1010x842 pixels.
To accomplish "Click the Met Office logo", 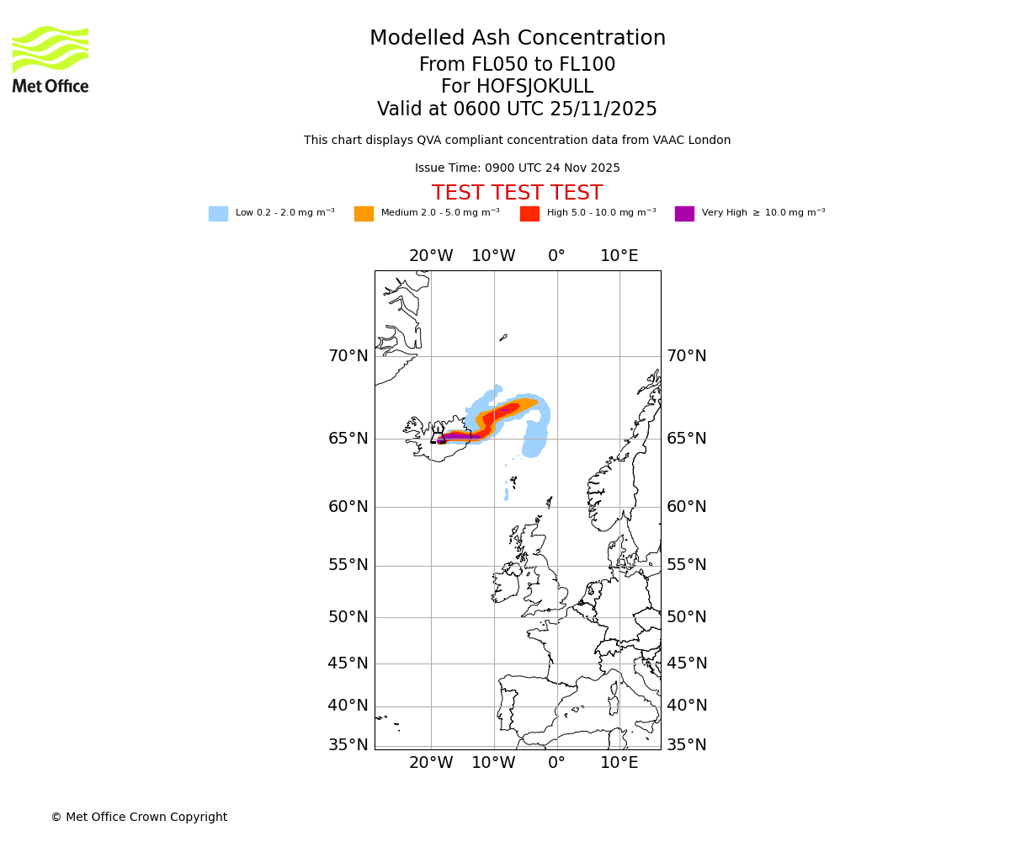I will [x=50, y=59].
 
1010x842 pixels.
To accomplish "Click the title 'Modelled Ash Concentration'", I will [x=517, y=39].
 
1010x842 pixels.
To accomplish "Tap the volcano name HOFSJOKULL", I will [x=517, y=87].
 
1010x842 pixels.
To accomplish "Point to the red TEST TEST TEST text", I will [x=517, y=193].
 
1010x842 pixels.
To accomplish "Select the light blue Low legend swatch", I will [x=218, y=214].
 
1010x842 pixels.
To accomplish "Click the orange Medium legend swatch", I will [x=364, y=214].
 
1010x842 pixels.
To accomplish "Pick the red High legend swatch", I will [x=529, y=214].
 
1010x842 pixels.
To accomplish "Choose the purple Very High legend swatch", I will [x=684, y=214].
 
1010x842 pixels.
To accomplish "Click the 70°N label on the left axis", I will [x=348, y=356].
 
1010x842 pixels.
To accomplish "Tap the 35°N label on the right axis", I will [x=687, y=745].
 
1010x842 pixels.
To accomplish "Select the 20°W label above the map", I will [x=431, y=256].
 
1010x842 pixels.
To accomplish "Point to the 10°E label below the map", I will [x=619, y=763].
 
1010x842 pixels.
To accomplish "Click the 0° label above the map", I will [x=556, y=256].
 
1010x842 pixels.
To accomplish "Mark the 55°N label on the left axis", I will [x=348, y=565].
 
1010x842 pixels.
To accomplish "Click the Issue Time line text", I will [x=517, y=168].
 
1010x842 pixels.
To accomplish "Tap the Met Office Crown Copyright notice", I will [x=139, y=817].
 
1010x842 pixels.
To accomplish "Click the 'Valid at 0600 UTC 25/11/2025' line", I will [x=517, y=109].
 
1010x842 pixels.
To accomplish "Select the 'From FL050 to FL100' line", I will [x=517, y=65].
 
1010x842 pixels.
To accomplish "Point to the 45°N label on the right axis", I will [x=687, y=663].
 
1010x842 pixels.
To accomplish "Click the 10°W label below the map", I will [x=493, y=763].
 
